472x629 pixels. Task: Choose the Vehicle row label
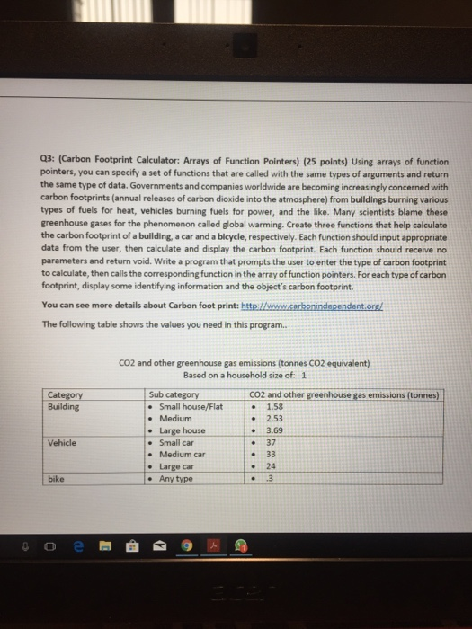[61, 442]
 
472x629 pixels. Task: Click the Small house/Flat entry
[191, 405]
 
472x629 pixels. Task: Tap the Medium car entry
[183, 455]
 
